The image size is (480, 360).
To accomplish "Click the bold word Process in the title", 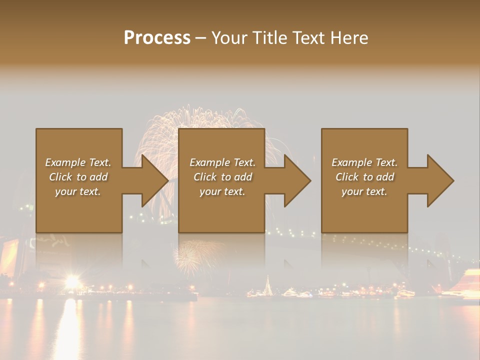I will click(157, 38).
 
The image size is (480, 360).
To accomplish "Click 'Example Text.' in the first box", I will click(78, 162).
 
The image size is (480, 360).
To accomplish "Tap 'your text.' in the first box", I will click(78, 191).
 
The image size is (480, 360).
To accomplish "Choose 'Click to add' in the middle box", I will click(222, 177).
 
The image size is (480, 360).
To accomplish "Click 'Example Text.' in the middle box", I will click(222, 162).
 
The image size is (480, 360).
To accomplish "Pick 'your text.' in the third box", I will click(364, 191).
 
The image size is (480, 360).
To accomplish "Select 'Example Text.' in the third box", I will click(364, 162).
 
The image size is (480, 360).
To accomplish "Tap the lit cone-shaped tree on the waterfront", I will click(268, 287).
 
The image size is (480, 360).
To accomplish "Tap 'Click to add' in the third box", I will click(364, 177).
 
